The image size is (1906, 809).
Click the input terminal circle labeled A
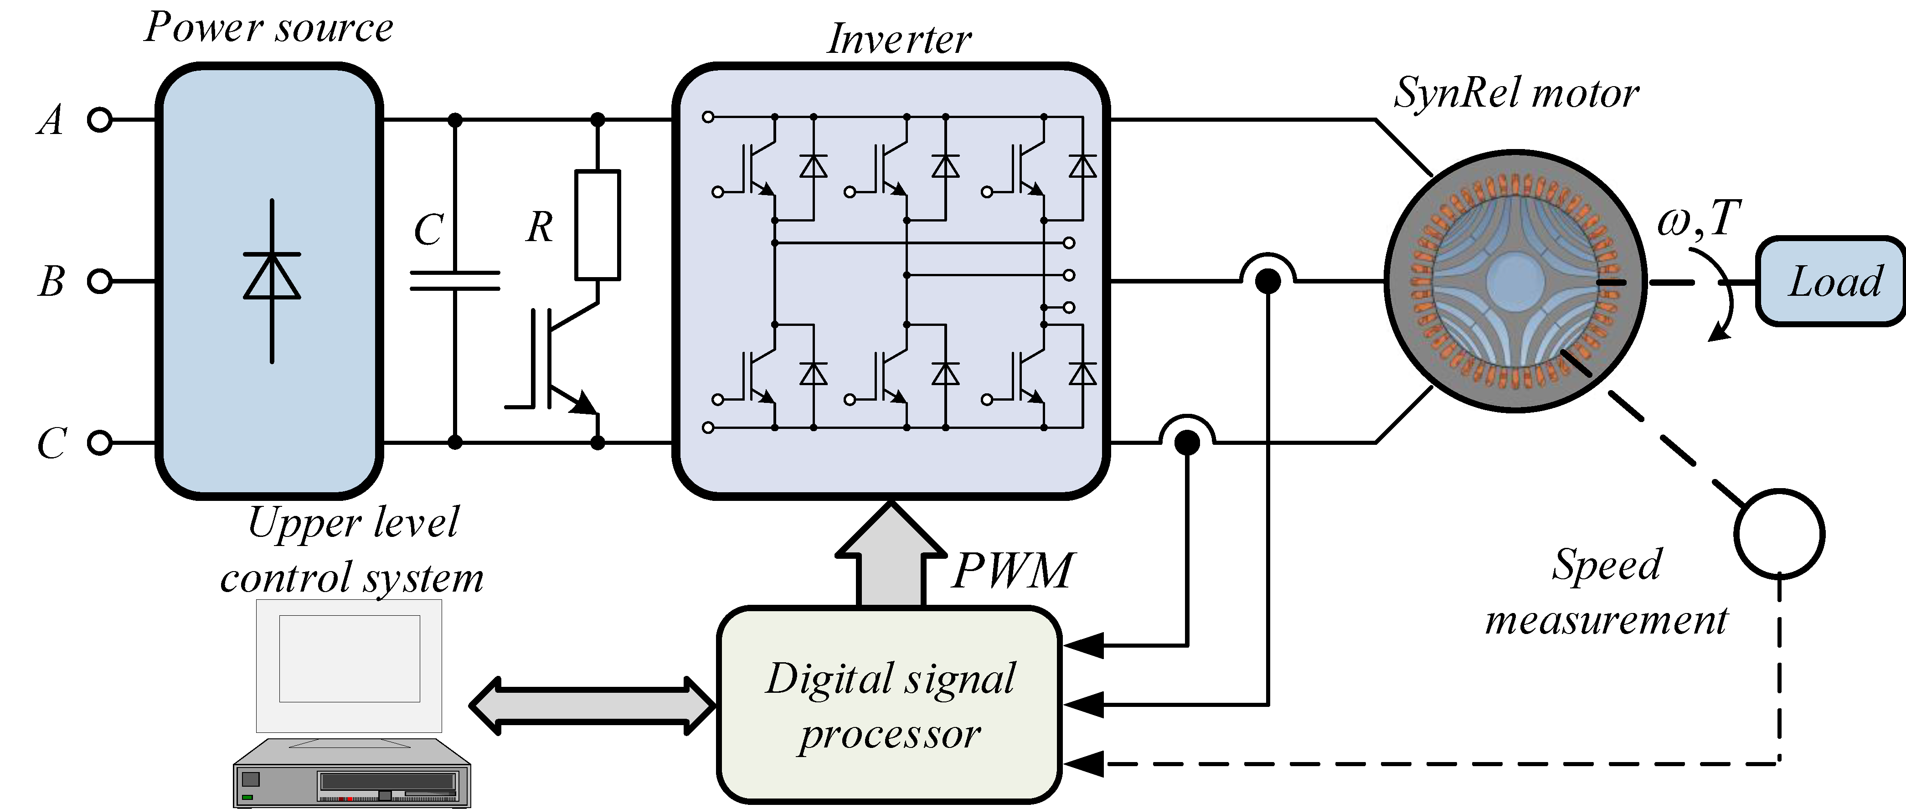[x=99, y=119]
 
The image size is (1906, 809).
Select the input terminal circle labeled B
[x=99, y=281]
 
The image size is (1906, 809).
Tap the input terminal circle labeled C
[x=99, y=443]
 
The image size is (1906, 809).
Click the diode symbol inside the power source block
[x=272, y=277]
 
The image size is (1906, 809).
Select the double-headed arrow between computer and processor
[x=592, y=706]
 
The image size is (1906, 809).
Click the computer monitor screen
[x=349, y=658]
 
